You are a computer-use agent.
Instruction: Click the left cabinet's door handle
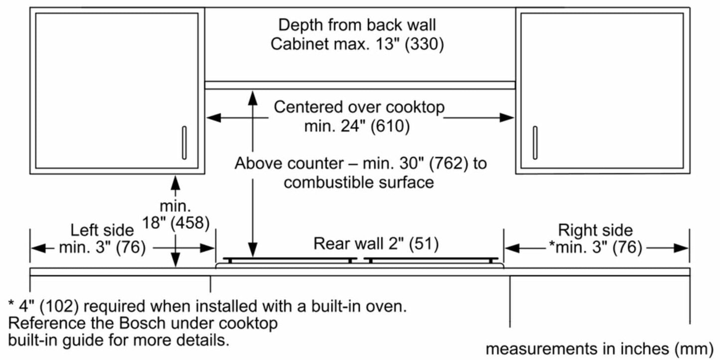(x=184, y=143)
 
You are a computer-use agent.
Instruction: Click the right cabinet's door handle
(x=535, y=143)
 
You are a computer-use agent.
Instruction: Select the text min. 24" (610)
(x=357, y=126)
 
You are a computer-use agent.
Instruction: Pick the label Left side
(x=102, y=230)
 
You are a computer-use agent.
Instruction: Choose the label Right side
(x=595, y=230)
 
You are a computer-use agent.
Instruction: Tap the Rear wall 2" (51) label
(x=376, y=243)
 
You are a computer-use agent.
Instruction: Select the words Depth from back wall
(x=357, y=24)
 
